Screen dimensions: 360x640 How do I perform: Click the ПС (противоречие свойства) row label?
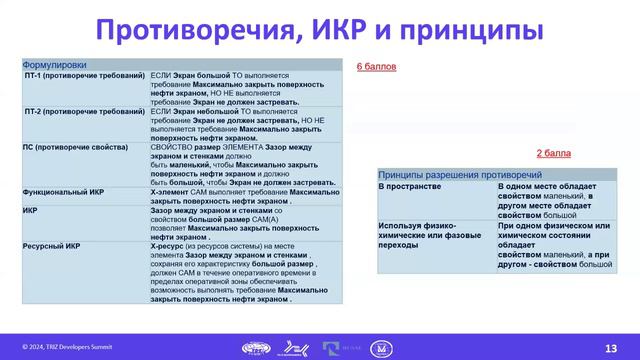pyautogui.click(x=75, y=146)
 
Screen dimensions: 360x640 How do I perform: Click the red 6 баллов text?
pyautogui.click(x=377, y=67)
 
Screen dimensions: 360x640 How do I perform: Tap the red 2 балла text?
pyautogui.click(x=553, y=153)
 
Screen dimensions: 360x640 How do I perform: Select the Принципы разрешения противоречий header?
pyautogui.click(x=448, y=173)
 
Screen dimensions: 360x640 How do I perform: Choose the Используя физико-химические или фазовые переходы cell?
pyautogui.click(x=425, y=238)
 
